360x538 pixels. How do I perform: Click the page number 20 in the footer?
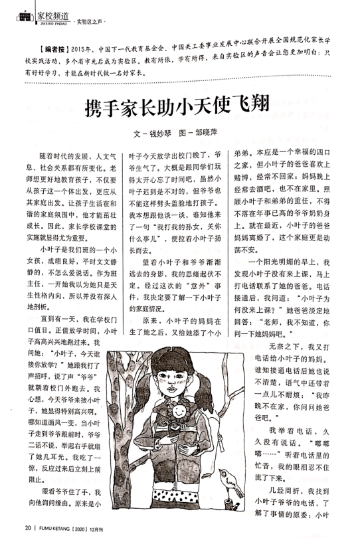pos(28,529)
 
